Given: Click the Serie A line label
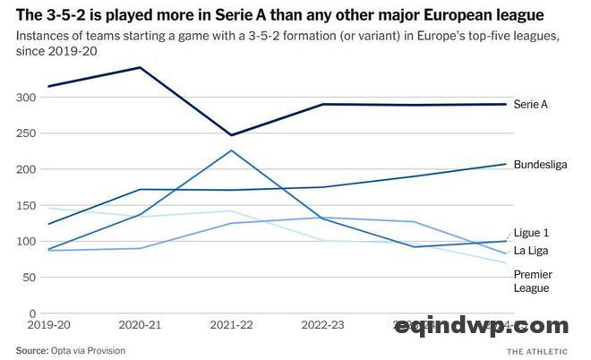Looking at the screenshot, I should tap(530, 105).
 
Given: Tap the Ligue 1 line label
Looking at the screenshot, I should tap(532, 232).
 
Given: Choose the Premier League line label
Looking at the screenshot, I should tap(532, 280).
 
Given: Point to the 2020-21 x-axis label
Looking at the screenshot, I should tap(138, 328).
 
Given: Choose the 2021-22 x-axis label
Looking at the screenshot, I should tap(231, 328).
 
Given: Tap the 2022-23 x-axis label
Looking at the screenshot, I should tap(323, 328).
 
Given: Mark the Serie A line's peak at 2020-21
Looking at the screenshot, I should tap(139, 67).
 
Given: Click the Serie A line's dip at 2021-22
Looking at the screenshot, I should tap(231, 135).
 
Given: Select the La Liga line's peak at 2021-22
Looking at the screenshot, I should tap(231, 150).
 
